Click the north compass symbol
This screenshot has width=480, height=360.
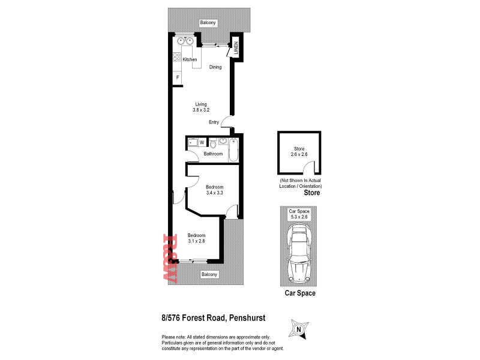(298, 329)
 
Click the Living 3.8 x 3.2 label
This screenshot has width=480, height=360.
(200, 107)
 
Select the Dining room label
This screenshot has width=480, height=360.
(215, 67)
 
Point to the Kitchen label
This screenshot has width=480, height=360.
(190, 60)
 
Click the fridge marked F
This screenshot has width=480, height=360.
(178, 78)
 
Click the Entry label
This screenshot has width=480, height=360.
(214, 122)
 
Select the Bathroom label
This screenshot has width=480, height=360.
(213, 154)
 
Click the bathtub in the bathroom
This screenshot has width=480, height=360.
(233, 149)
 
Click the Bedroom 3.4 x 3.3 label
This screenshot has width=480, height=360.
(214, 189)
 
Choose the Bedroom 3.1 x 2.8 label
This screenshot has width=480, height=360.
(196, 238)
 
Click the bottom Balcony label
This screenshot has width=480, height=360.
(209, 274)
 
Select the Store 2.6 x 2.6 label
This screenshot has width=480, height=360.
(299, 152)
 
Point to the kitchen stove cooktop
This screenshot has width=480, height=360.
(177, 58)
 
